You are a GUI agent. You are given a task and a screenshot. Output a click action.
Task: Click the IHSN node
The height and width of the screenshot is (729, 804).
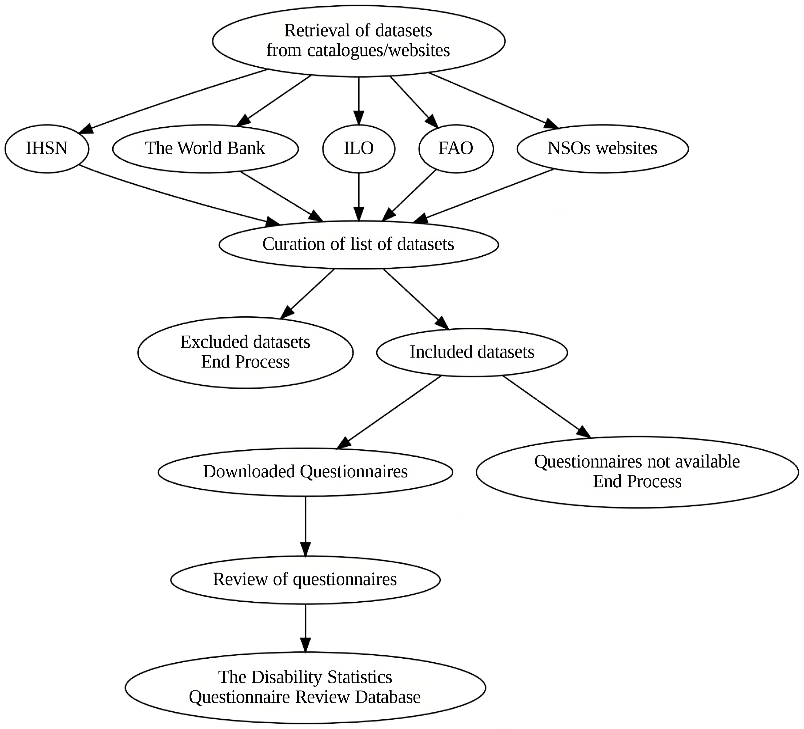[47, 148]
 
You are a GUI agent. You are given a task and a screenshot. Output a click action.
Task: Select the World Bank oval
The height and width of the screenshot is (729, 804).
[205, 148]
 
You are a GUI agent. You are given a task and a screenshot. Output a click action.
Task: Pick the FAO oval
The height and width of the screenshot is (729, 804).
[456, 148]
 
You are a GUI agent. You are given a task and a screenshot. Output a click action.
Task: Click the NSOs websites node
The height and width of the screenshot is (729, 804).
[602, 148]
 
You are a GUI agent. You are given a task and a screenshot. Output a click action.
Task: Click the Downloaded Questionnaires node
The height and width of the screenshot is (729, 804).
[305, 472]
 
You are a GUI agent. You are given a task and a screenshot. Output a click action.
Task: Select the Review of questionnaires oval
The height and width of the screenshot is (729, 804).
[305, 579]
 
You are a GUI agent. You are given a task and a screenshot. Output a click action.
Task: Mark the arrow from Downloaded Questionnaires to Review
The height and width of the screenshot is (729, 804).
[305, 526]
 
